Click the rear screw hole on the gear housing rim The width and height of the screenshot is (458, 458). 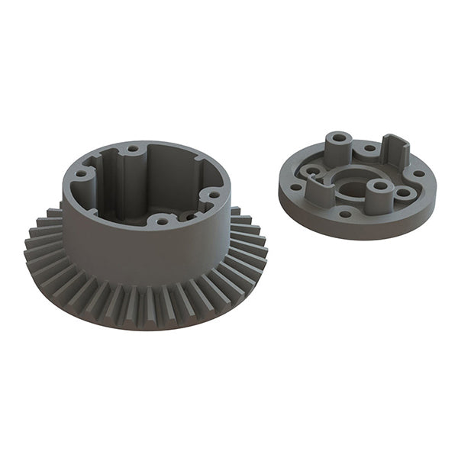(x=133, y=149)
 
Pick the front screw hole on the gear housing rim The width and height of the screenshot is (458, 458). (x=161, y=221)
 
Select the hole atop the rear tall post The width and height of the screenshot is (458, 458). (x=338, y=140)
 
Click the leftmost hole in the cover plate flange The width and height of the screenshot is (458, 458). (x=295, y=186)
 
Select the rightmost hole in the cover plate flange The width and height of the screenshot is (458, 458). (x=418, y=173)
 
